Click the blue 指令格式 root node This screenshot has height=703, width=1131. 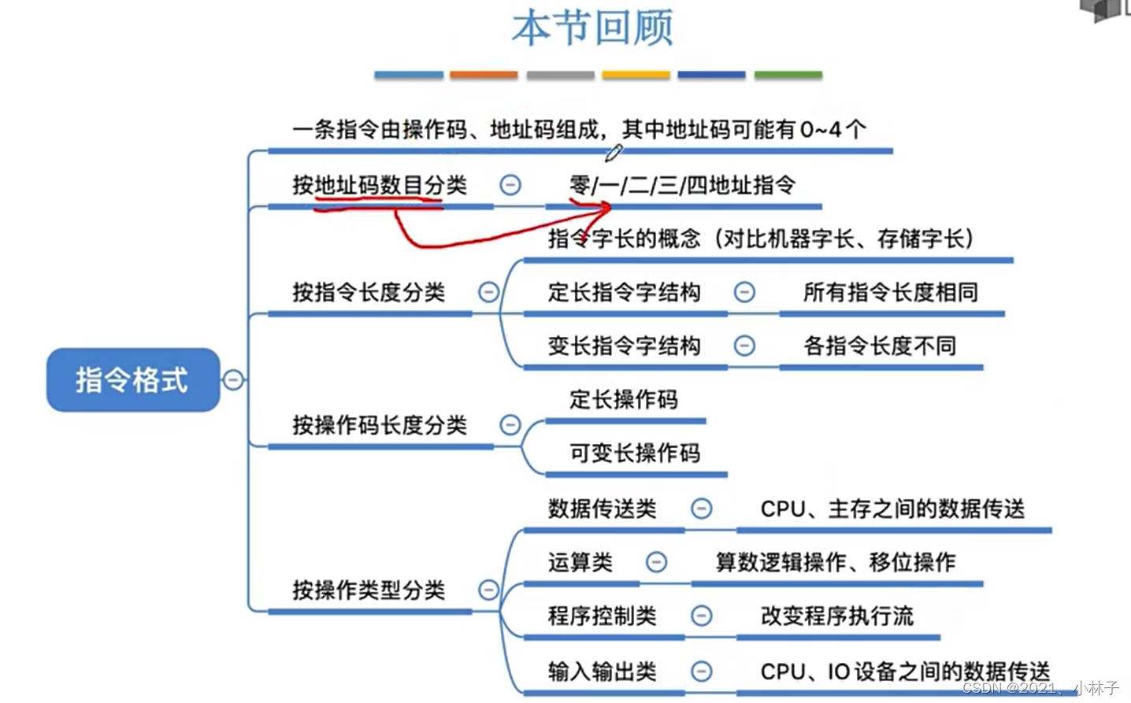pos(132,380)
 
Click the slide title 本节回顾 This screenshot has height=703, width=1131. pos(592,28)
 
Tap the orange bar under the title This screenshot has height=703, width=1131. pos(484,76)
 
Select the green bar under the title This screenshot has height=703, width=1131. pos(788,76)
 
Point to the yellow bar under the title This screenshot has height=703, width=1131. pos(636,76)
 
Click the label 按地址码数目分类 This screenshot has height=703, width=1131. pos(380,185)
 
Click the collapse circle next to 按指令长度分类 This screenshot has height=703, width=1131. pos(489,292)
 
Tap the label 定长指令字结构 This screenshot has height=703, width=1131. pos(624,292)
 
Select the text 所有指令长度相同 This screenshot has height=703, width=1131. pos(891,292)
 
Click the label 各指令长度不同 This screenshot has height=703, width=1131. pos(880,346)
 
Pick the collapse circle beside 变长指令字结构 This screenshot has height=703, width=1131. pos(744,346)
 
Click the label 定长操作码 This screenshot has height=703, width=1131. pos(624,399)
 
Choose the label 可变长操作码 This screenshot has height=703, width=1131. pos(635,453)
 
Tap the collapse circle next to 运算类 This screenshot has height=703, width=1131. pos(656,562)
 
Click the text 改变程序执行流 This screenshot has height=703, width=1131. pos(837,616)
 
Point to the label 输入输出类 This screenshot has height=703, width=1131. pos(603,672)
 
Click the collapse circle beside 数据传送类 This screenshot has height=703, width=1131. pos(701,509)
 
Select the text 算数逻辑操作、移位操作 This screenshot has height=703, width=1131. pos(836,562)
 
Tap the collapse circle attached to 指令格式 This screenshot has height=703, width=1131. pos(233,380)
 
